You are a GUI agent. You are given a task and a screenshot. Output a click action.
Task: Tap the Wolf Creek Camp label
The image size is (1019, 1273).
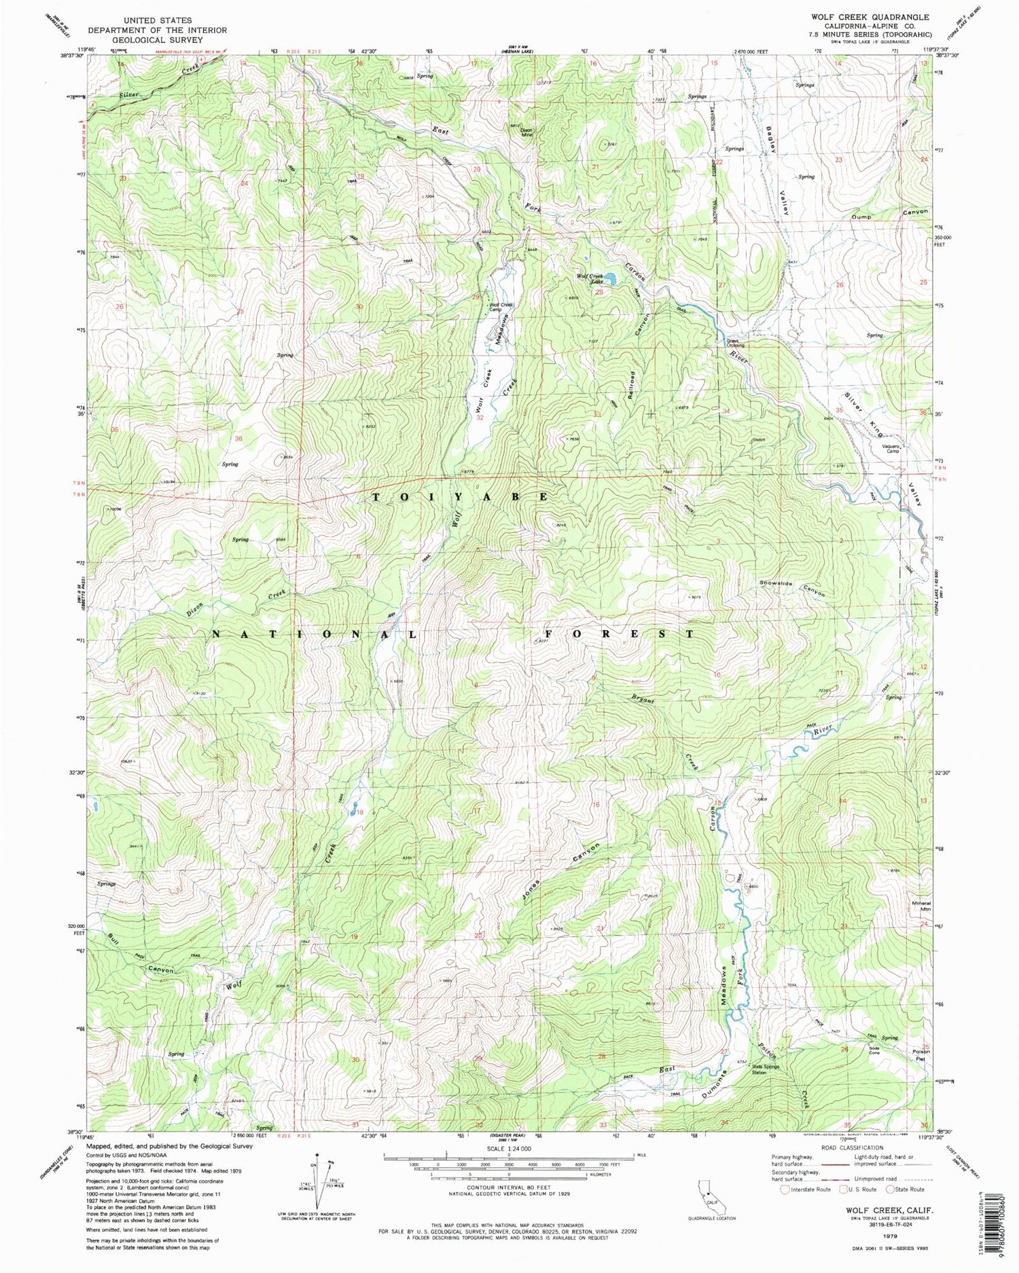pyautogui.click(x=501, y=308)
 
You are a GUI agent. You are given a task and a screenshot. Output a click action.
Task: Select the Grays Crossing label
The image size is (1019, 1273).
pyautogui.click(x=736, y=344)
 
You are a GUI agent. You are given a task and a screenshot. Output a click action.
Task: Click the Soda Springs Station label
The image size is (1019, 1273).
pyautogui.click(x=768, y=1070)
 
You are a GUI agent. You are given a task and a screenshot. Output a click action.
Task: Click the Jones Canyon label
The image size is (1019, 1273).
pyautogui.click(x=553, y=869)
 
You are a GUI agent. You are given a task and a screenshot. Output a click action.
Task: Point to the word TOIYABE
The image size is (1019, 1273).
pyautogui.click(x=460, y=497)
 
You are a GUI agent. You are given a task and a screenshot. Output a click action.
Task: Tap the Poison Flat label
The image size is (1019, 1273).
pyautogui.click(x=921, y=1054)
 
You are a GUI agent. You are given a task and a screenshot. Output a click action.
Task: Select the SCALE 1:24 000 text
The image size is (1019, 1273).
pyautogui.click(x=508, y=1149)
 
